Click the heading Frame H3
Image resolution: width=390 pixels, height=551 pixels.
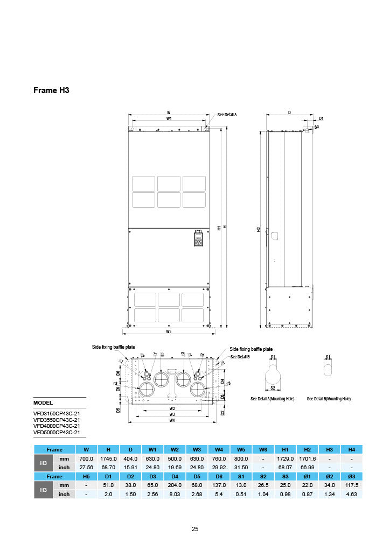[x=52, y=90]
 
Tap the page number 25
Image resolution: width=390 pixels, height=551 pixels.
[x=195, y=529]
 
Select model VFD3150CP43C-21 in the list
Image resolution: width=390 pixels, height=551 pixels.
[x=57, y=413]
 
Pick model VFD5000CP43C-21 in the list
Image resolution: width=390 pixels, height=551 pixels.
[x=57, y=432]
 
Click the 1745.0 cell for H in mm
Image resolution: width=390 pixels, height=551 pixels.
[x=109, y=458]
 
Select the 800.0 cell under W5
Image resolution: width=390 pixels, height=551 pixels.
[x=241, y=458]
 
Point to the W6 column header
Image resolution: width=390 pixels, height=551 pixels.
[x=263, y=449]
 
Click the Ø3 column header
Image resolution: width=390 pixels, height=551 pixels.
[x=351, y=476]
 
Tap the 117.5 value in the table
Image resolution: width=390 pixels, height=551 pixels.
[x=351, y=485]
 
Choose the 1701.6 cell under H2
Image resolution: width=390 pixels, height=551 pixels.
[x=307, y=458]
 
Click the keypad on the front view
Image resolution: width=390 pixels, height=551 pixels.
[x=198, y=239]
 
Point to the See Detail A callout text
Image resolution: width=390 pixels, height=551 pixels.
[x=227, y=115]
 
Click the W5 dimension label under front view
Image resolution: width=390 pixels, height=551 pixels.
[x=169, y=332]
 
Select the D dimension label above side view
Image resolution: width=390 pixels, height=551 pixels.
[x=289, y=112]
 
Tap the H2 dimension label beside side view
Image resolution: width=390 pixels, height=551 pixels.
[x=259, y=229]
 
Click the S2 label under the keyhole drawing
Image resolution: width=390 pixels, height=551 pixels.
[x=273, y=388]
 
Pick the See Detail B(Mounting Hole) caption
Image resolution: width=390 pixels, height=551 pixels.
[x=329, y=399]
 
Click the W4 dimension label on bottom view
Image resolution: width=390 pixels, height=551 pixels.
[x=172, y=420]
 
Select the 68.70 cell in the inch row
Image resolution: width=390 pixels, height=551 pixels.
[x=109, y=467]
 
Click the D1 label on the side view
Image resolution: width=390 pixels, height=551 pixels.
[x=321, y=118]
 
